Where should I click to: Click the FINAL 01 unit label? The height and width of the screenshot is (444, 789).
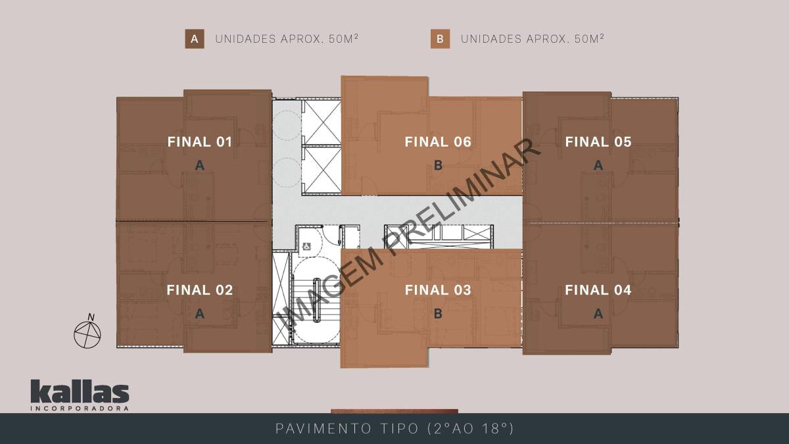point(200,142)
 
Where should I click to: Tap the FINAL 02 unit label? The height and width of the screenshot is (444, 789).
point(200,290)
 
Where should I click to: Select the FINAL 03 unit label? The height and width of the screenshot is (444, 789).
point(438,290)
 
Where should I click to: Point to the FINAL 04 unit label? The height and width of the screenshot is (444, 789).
point(598,290)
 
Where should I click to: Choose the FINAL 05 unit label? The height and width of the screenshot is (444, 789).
point(598,142)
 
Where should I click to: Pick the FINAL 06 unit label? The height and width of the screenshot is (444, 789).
point(438,142)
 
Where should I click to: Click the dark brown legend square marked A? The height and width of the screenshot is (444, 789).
point(195,39)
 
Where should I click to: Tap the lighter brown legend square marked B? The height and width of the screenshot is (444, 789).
point(440,39)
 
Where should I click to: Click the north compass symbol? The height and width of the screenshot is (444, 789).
point(87,332)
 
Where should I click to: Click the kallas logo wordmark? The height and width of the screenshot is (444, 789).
point(80,391)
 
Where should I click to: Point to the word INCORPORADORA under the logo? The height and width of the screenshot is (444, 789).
point(80,408)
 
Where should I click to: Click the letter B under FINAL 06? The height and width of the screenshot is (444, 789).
point(438,165)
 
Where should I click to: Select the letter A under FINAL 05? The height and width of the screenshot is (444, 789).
point(598,165)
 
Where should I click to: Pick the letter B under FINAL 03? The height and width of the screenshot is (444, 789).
point(438,314)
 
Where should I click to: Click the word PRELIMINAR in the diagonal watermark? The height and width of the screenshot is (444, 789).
point(462,196)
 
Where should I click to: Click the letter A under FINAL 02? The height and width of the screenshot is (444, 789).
point(200,314)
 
